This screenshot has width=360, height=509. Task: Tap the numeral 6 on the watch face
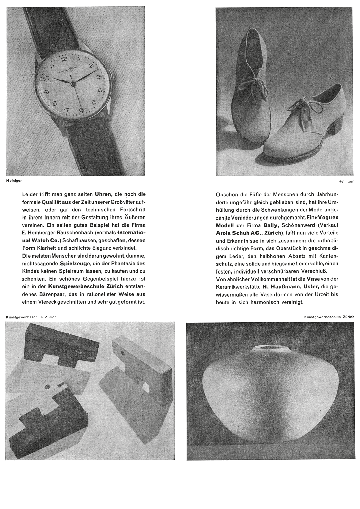81,110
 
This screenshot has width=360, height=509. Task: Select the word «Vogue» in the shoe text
326,218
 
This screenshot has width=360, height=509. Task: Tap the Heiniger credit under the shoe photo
346,182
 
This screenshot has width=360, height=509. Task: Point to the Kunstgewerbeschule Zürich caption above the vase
329,317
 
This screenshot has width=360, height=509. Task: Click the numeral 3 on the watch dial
99,77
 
